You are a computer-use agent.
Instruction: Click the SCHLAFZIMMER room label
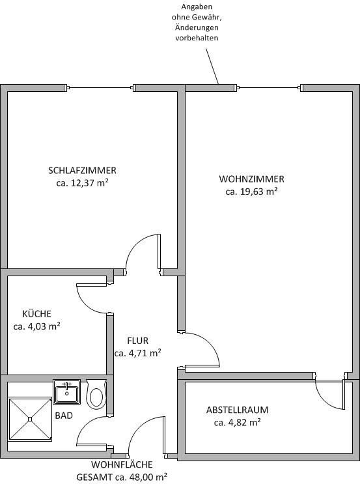82,171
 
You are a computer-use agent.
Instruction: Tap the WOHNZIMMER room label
251,179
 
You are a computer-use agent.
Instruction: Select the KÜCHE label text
36,313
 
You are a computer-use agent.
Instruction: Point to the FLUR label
137,341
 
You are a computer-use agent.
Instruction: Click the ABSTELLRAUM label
237,410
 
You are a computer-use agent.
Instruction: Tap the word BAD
64,416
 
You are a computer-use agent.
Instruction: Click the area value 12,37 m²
89,183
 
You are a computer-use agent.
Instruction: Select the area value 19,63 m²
258,192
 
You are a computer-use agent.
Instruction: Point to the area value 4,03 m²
44,326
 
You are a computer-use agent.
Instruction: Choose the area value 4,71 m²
145,353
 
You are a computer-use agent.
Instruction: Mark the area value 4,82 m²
245,423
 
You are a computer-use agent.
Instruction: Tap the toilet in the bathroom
96,394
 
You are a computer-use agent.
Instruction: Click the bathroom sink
66,392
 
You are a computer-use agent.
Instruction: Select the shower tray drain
30,419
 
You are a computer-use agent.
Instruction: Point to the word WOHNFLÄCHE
122,464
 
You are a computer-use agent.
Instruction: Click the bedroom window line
100,88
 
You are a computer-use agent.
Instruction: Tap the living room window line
270,88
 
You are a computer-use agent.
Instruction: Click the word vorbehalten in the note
197,38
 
